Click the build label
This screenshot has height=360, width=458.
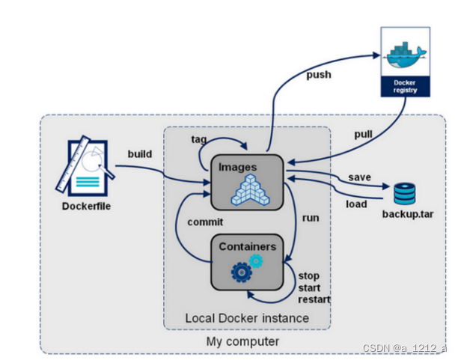[x=139, y=154]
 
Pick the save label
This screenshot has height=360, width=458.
[x=359, y=177]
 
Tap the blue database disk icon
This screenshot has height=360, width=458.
[x=404, y=194]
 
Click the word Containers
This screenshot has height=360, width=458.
[x=248, y=246]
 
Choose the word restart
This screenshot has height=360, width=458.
[x=314, y=299]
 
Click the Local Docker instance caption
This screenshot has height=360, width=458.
[x=247, y=318]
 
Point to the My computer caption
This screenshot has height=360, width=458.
[x=242, y=341]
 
